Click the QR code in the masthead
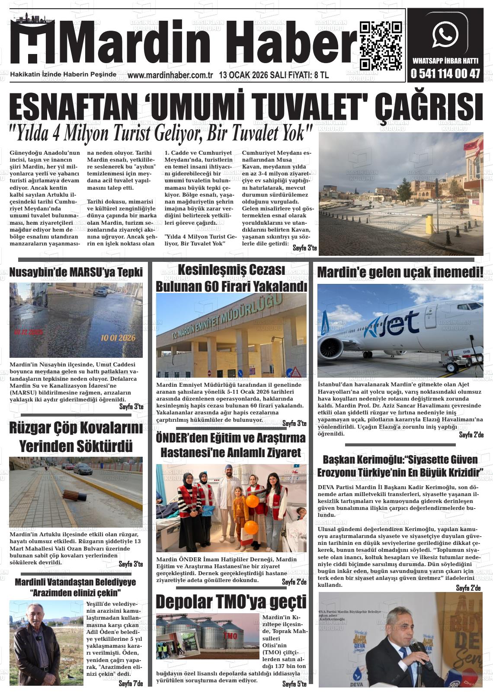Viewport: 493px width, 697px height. click(x=380, y=46)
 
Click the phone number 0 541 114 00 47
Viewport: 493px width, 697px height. click(x=446, y=74)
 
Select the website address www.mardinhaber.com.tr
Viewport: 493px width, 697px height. click(x=170, y=75)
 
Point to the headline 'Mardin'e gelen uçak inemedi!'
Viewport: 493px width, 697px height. click(x=400, y=273)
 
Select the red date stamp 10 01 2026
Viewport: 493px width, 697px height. click(x=118, y=338)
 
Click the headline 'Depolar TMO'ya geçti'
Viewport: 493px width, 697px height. click(x=231, y=602)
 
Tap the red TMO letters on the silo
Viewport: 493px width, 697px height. click(x=230, y=637)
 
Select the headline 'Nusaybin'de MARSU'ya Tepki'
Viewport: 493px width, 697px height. click(x=76, y=272)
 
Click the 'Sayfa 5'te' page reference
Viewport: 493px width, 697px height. click(x=294, y=684)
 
